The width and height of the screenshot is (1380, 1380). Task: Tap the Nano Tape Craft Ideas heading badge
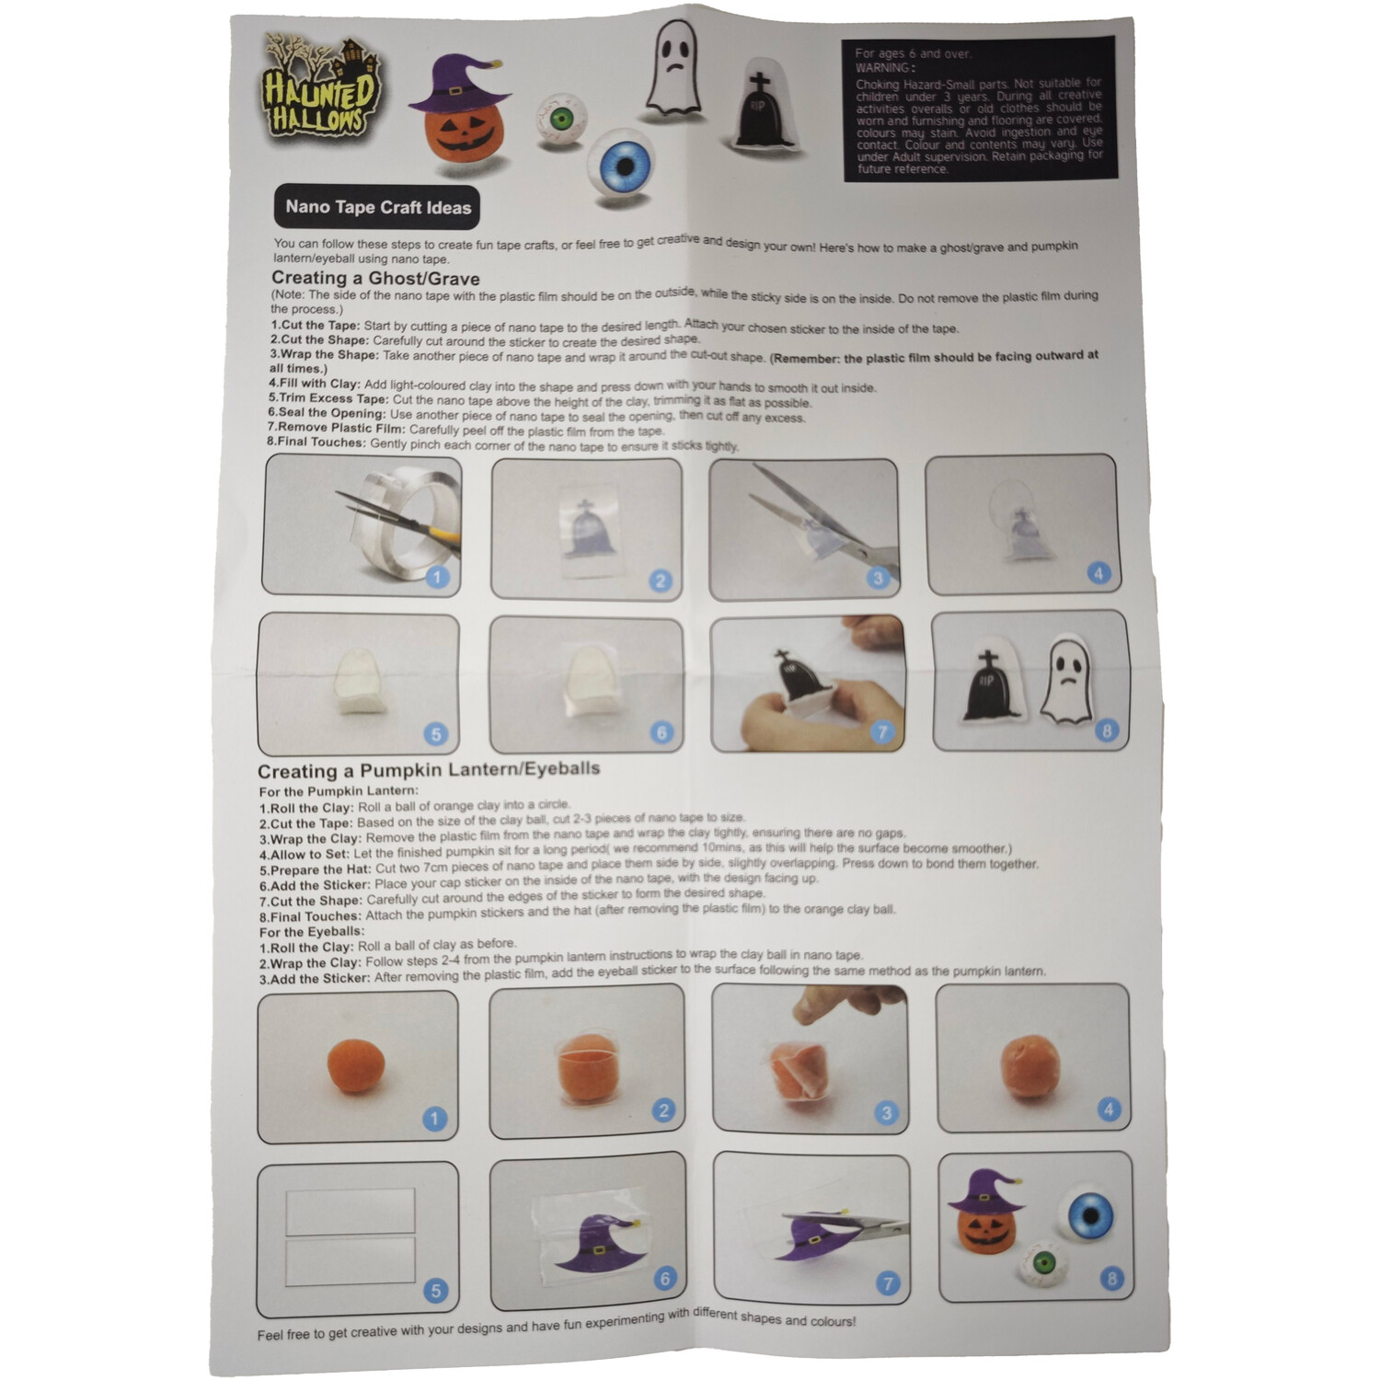coord(377,207)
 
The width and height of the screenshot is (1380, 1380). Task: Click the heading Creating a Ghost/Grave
coord(375,278)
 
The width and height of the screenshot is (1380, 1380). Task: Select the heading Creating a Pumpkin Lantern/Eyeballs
coord(429,770)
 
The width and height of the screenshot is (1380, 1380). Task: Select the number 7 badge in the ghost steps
coord(882,732)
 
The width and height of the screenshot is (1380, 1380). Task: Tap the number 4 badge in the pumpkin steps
coord(1109,1110)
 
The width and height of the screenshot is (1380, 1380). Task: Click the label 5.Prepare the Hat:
coord(315,869)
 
